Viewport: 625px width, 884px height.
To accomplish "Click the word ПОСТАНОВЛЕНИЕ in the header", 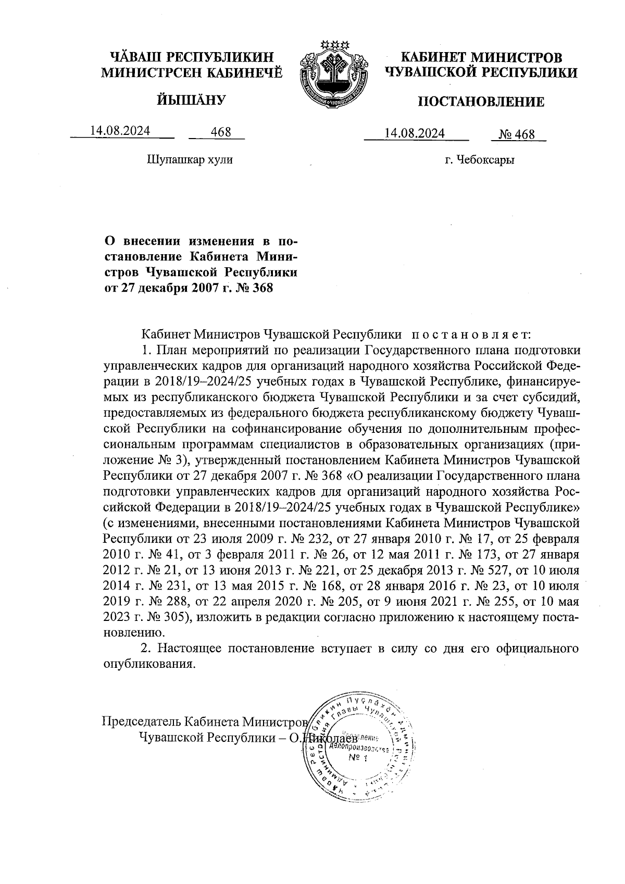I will coord(481,102).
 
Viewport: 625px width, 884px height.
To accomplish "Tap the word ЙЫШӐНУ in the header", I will coord(191,99).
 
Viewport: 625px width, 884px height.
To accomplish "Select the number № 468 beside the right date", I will coord(517,134).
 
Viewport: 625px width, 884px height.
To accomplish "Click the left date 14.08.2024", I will coord(120,131).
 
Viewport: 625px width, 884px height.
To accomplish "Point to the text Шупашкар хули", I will coord(190,159).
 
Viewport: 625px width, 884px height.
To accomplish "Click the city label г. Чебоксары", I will coord(480,160).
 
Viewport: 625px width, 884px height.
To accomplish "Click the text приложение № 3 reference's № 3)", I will coord(168,460).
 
